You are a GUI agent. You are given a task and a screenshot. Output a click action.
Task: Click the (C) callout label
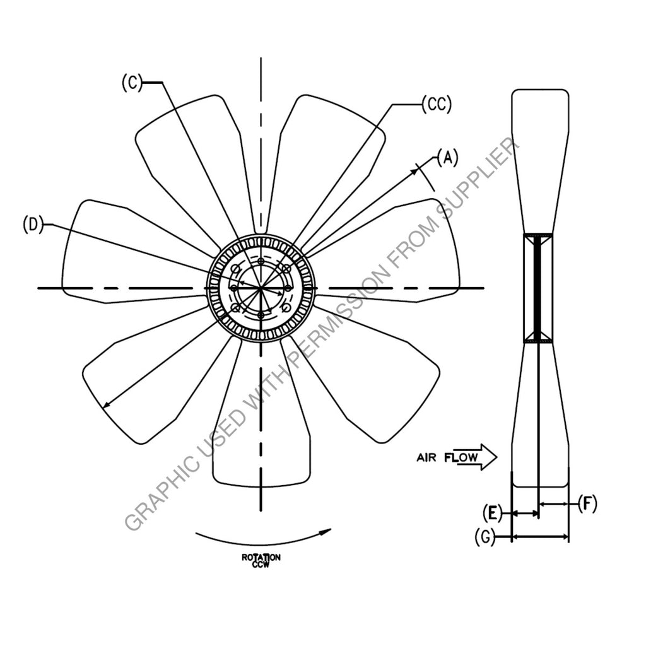(x=132, y=83)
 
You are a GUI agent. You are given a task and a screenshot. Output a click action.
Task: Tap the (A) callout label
(x=447, y=158)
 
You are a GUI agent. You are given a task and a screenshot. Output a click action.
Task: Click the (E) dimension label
(x=493, y=514)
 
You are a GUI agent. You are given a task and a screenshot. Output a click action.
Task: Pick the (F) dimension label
(x=587, y=503)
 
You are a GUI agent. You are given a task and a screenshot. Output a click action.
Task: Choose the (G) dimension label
(x=485, y=537)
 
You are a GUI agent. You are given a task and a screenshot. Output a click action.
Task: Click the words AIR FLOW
(x=447, y=457)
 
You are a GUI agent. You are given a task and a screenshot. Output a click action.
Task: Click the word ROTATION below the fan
(x=261, y=558)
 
